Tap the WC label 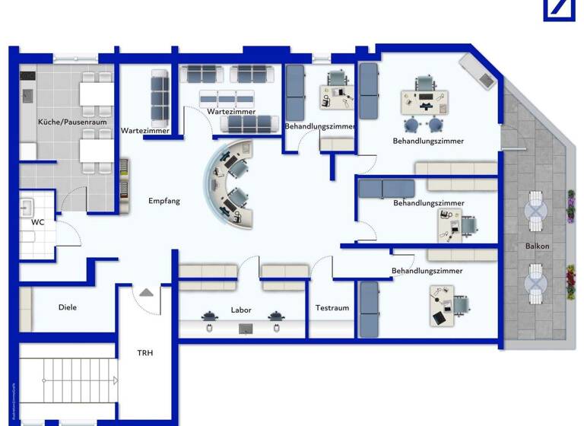coord(37,224)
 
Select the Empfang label coord(164,201)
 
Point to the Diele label coord(68,307)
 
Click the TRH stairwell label coord(145,353)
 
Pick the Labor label coord(240,310)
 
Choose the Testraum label coord(332,308)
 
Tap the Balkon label coord(537,246)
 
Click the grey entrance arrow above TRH coord(145,292)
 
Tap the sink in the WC coord(27,205)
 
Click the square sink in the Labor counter coord(246,328)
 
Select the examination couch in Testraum coord(369,309)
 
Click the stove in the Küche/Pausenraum coord(27,78)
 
